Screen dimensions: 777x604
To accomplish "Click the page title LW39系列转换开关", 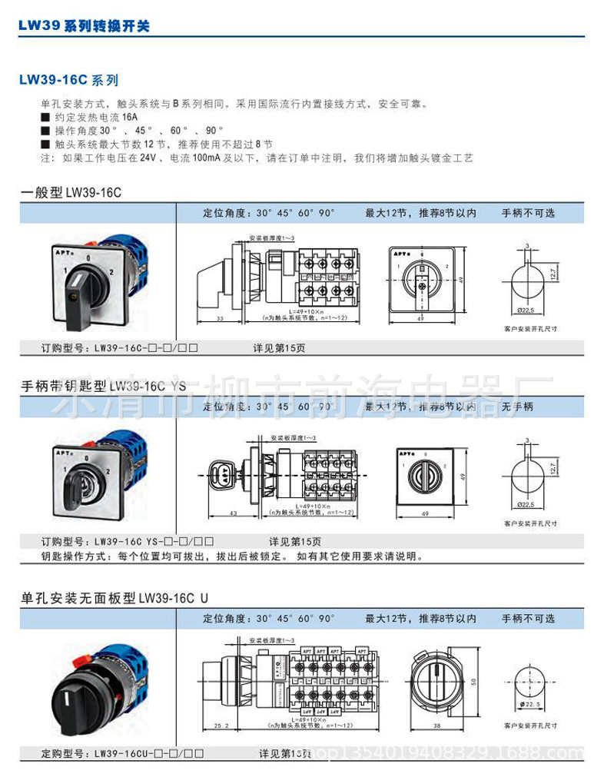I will tap(84, 25).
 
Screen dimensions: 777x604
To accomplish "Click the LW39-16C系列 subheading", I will tap(68, 79).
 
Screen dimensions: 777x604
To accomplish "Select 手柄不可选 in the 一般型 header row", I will tap(528, 213).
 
